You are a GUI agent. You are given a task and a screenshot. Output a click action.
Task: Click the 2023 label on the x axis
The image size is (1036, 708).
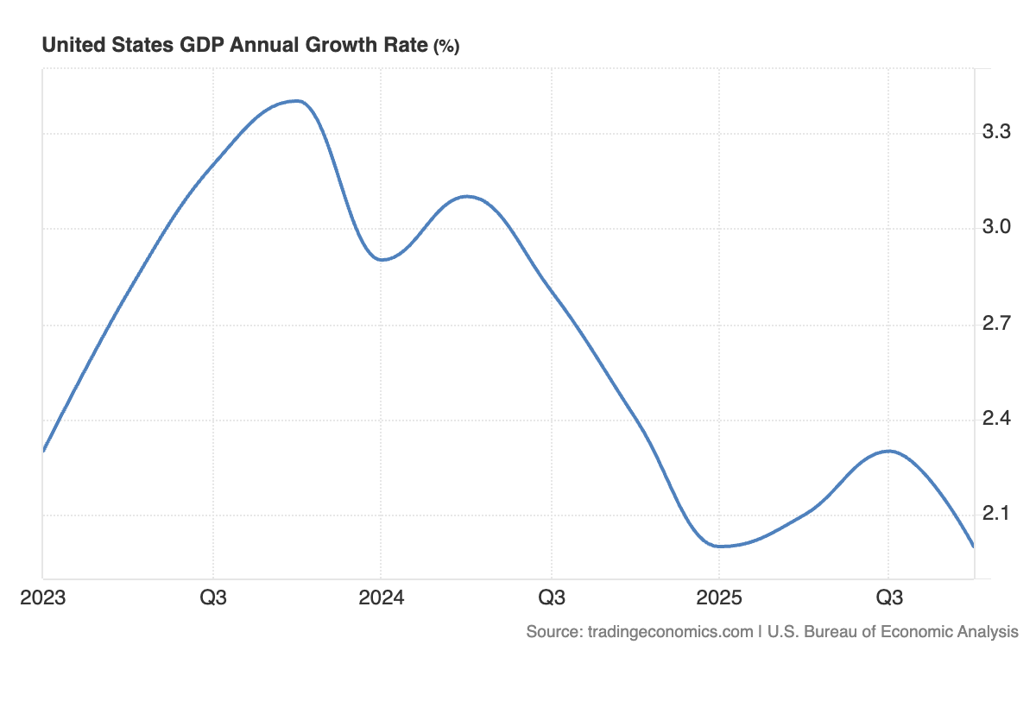[x=42, y=597]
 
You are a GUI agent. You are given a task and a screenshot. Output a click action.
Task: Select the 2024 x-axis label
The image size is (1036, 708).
[x=381, y=597]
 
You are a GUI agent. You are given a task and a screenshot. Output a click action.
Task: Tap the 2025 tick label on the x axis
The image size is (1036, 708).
[x=719, y=597]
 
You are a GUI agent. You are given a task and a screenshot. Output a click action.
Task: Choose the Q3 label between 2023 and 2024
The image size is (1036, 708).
[x=213, y=597]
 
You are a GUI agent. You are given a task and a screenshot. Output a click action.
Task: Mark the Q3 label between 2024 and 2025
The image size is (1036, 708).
[x=552, y=597]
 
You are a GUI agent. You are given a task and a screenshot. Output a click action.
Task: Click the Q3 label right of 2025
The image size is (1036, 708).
[x=890, y=597]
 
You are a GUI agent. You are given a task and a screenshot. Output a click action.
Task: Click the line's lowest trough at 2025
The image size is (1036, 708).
[x=719, y=546]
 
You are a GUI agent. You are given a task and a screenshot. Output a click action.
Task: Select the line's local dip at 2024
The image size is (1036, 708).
[x=382, y=259]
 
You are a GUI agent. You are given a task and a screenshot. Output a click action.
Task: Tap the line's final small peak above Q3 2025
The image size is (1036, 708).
[x=889, y=451]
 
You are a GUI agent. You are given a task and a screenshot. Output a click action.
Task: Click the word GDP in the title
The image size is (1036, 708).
[x=197, y=45]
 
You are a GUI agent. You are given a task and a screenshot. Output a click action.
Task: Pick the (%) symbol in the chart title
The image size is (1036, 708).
[x=445, y=47]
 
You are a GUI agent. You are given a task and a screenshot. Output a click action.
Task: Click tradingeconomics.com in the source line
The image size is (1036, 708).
[x=670, y=631]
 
